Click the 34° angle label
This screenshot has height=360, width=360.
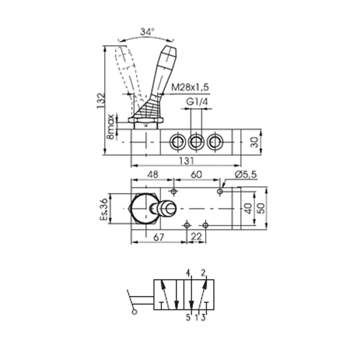(147, 32)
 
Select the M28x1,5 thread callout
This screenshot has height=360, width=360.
(190, 87)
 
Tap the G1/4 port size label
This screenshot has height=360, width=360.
(197, 102)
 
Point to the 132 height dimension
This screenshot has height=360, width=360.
(101, 100)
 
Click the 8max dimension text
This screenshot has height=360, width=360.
(111, 127)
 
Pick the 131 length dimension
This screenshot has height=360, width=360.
(186, 161)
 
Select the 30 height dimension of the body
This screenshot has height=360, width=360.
(256, 142)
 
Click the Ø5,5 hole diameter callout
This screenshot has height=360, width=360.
(246, 175)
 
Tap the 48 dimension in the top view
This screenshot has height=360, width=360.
(153, 174)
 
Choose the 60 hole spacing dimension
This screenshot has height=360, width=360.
(197, 174)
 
